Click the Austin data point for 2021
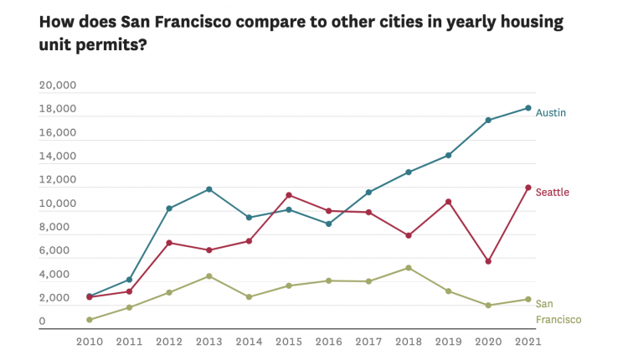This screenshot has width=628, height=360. [x=528, y=108]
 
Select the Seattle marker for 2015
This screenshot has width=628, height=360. [x=289, y=195]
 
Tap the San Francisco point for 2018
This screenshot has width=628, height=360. [x=408, y=268]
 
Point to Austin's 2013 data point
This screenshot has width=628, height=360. [x=209, y=189]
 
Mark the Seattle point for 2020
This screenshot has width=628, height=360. [x=488, y=261]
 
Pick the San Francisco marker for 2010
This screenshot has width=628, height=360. [x=90, y=320]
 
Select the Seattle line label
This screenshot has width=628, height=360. [x=552, y=193]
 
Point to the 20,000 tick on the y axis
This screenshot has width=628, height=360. [x=58, y=85]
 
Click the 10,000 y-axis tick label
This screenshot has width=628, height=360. [x=58, y=203]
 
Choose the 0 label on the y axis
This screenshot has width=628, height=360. [x=43, y=321]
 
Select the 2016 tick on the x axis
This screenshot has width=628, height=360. [x=328, y=342]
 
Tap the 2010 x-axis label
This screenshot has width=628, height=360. [x=90, y=342]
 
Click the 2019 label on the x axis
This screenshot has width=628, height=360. [x=448, y=342]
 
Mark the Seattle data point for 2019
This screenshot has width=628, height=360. [x=448, y=202]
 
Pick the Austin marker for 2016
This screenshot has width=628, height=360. [x=328, y=224]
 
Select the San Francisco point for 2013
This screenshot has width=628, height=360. [x=209, y=276]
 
